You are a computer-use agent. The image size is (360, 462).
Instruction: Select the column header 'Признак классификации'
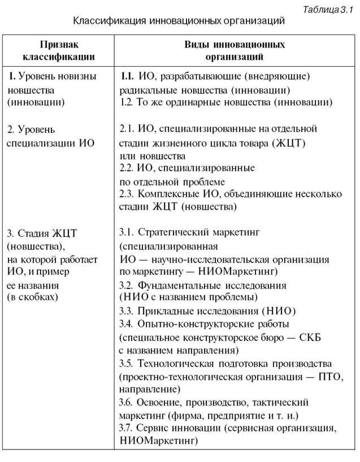point(59,50)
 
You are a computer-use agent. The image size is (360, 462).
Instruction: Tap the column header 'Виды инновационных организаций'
point(235,50)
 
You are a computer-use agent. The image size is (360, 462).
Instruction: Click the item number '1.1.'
point(127,76)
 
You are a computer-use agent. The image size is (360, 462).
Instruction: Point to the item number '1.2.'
point(127,103)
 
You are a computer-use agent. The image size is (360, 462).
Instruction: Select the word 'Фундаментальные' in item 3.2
point(177,284)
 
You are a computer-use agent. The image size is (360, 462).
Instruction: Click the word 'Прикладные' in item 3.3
point(164,311)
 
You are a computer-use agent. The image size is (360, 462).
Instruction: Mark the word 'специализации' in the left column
point(41,143)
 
